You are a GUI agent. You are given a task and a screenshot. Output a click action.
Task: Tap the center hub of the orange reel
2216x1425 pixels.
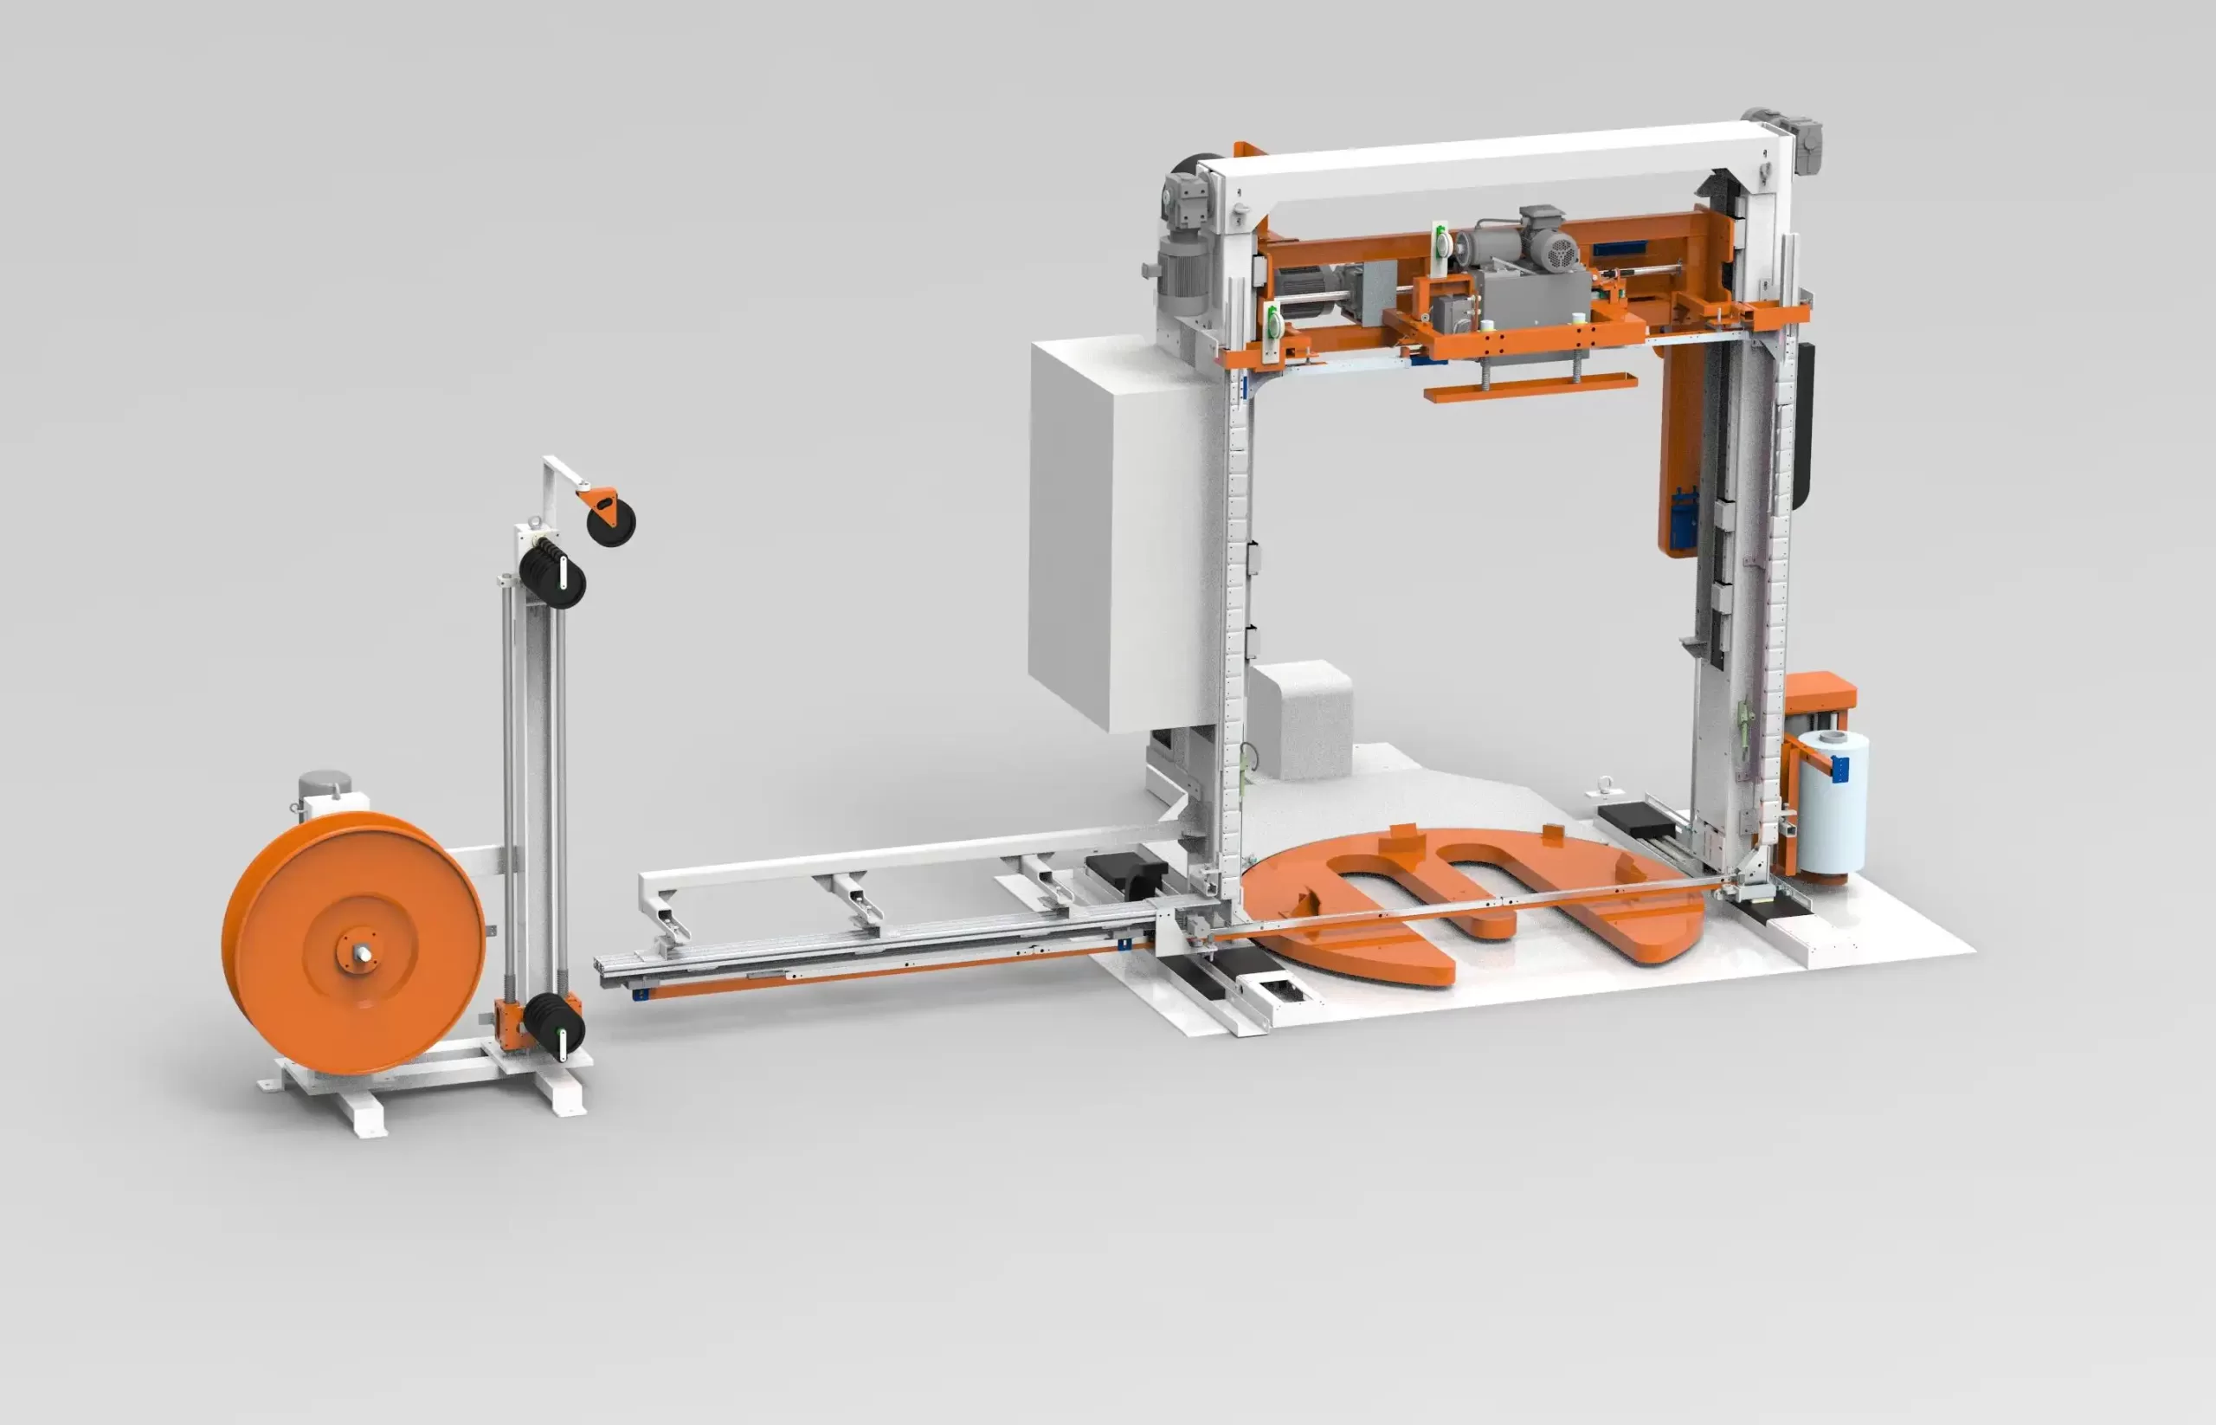pyautogui.click(x=359, y=952)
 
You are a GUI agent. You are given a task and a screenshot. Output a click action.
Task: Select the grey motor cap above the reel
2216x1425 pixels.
pyautogui.click(x=325, y=784)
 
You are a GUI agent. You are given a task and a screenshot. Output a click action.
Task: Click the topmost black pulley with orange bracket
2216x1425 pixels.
pyautogui.click(x=610, y=522)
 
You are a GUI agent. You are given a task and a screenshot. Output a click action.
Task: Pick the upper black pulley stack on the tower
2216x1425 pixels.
pyautogui.click(x=552, y=573)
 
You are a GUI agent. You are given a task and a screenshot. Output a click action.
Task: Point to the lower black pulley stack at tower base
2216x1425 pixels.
pyautogui.click(x=554, y=1024)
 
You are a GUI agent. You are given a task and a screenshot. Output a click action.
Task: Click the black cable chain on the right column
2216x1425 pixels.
pyautogui.click(x=1802, y=426)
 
